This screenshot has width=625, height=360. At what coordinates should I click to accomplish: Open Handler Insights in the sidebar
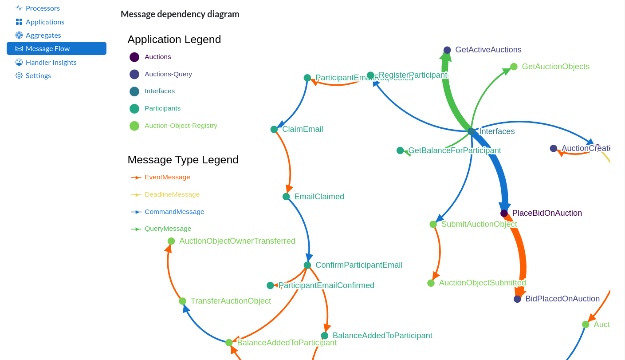click(x=51, y=62)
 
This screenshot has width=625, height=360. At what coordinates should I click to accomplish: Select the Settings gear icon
click(x=19, y=75)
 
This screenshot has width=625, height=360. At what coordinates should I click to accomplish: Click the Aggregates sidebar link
click(x=43, y=35)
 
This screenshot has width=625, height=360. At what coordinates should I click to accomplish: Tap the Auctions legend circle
click(x=134, y=57)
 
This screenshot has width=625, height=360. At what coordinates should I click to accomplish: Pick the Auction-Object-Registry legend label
click(x=181, y=126)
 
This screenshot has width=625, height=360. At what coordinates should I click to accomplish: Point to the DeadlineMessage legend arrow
click(x=136, y=195)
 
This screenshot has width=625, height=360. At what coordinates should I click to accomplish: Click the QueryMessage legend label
click(x=168, y=229)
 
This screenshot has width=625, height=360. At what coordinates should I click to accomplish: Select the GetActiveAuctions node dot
click(x=447, y=50)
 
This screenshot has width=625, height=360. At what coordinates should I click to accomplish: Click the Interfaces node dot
click(x=471, y=131)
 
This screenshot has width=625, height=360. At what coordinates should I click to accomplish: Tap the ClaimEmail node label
click(x=303, y=129)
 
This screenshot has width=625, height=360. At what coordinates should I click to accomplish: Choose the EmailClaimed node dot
click(x=286, y=197)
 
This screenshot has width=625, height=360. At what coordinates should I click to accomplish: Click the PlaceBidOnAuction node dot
click(x=504, y=214)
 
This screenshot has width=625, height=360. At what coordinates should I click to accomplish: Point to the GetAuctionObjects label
click(x=555, y=67)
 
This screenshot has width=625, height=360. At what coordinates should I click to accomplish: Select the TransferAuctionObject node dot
click(x=182, y=301)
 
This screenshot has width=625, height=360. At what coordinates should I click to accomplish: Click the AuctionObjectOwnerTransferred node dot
click(x=171, y=241)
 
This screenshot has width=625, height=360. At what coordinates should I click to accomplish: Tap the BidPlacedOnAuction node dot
click(x=517, y=299)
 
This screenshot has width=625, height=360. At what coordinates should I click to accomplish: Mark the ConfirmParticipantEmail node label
click(x=359, y=265)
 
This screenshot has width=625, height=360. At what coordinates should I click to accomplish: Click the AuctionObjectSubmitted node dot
click(x=431, y=283)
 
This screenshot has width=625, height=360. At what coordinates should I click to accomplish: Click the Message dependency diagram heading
click(x=180, y=14)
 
